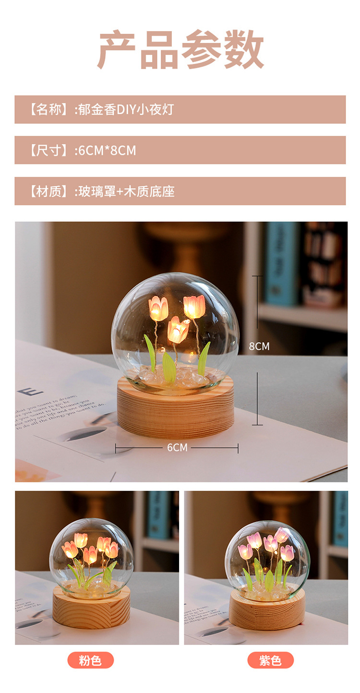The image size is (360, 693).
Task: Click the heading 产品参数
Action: (x=180, y=49)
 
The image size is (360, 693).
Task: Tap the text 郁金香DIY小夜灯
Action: (x=125, y=109)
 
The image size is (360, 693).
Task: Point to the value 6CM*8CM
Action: (x=107, y=150)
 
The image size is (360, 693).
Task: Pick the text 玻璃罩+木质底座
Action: (x=125, y=191)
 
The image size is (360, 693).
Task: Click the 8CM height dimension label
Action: (x=259, y=346)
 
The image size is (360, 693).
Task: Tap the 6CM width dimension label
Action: (x=177, y=448)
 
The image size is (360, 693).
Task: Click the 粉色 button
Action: (x=91, y=660)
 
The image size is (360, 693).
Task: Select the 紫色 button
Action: (x=270, y=660)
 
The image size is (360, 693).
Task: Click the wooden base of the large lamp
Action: (x=175, y=413)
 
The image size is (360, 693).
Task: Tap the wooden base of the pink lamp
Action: (x=91, y=612)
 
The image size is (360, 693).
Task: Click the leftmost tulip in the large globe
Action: (x=158, y=308)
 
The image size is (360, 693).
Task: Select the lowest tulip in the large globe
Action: (x=178, y=330)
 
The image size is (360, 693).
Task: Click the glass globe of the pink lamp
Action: (x=91, y=557)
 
